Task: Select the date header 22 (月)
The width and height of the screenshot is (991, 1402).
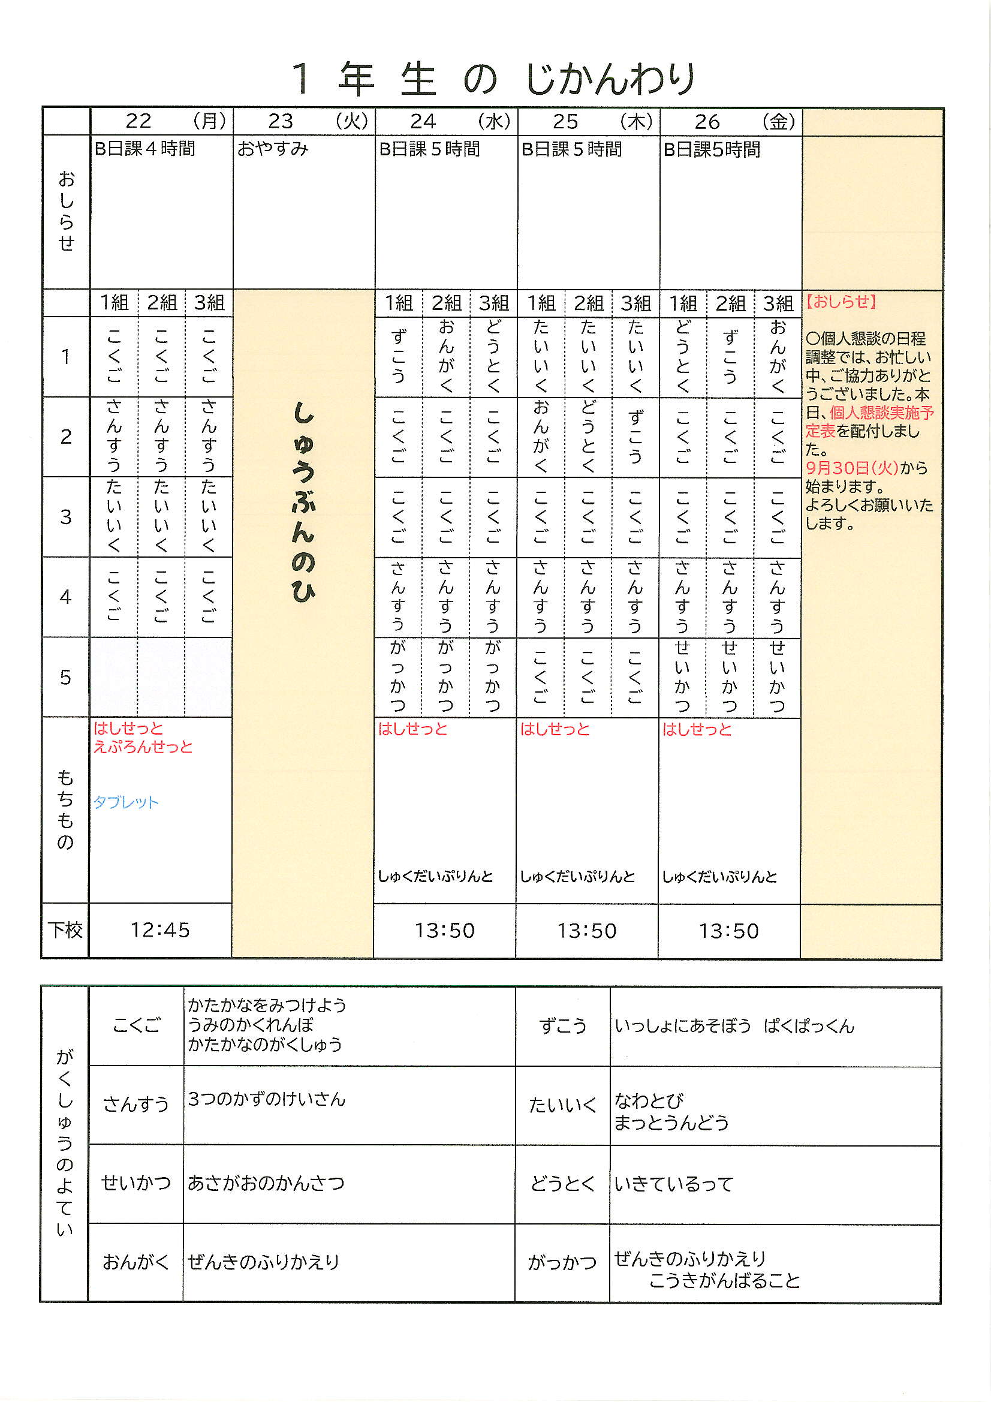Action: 162,122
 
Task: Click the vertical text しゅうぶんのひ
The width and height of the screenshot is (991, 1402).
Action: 303,502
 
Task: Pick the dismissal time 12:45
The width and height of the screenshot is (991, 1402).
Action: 160,930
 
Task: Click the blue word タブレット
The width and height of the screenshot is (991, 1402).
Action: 126,802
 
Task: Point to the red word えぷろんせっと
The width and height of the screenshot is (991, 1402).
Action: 143,747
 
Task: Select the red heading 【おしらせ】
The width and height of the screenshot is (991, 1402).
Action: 841,301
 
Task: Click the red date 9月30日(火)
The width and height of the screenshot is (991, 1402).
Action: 852,468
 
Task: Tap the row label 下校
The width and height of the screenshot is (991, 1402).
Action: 65,930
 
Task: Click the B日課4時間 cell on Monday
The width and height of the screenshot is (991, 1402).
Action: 144,148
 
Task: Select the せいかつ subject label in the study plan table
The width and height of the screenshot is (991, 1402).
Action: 135,1183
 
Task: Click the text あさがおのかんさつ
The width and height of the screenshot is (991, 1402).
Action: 266,1183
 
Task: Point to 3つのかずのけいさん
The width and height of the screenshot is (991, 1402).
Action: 266,1099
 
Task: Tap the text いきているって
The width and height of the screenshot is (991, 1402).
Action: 673,1184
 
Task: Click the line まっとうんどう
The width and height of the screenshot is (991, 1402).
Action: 670,1123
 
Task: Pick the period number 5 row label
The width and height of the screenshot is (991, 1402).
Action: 65,677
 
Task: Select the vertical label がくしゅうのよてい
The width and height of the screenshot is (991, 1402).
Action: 64,1142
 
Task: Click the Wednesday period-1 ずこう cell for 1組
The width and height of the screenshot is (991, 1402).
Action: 398,357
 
